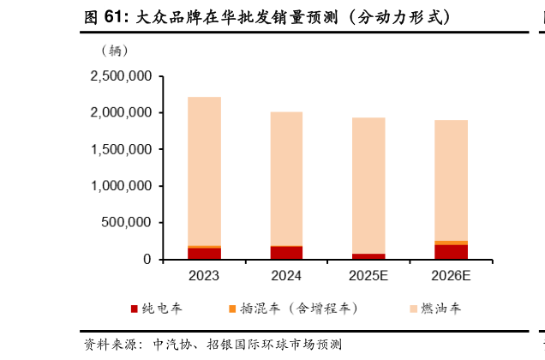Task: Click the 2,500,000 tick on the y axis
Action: tap(121, 76)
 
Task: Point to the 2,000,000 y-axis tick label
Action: tap(121, 113)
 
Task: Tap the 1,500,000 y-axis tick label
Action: tap(121, 150)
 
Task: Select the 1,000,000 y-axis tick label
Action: tap(121, 186)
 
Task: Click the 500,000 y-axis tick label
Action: tap(128, 223)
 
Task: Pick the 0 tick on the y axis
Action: tap(147, 260)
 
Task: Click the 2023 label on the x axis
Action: tap(204, 277)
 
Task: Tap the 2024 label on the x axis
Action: tap(286, 277)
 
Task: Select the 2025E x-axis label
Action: tap(368, 277)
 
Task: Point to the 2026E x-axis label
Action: tap(451, 277)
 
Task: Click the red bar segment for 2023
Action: tap(204, 253)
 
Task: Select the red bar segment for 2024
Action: tap(286, 252)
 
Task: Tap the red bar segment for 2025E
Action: tap(368, 256)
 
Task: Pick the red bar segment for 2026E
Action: tap(451, 251)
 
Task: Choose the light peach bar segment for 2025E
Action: tap(368, 185)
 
